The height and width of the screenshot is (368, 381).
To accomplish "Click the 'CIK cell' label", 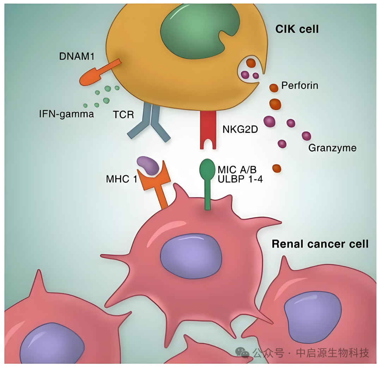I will [297, 29].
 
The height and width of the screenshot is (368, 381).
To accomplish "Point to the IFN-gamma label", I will [66, 114].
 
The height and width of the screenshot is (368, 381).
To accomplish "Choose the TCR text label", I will [123, 115].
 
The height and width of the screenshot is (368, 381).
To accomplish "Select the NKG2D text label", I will [240, 129].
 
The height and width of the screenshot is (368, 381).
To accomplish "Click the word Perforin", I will [300, 86].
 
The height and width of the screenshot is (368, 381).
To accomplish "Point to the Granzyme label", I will [332, 148].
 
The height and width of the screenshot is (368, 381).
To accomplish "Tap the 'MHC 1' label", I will [121, 179].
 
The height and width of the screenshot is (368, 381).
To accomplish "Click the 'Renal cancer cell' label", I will [320, 244].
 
